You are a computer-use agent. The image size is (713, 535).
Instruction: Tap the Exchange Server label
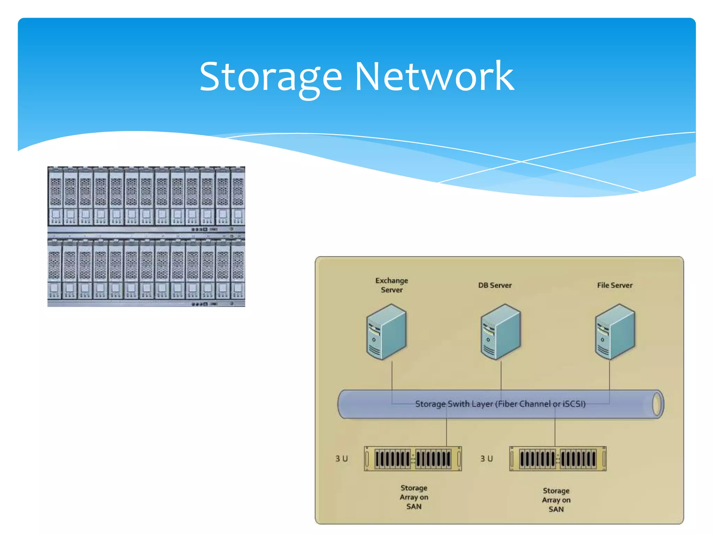pyautogui.click(x=392, y=285)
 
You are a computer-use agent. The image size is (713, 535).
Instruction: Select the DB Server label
pyautogui.click(x=495, y=285)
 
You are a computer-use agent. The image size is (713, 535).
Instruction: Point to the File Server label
pyautogui.click(x=614, y=285)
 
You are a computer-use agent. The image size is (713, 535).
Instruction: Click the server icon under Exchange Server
pyautogui.click(x=386, y=332)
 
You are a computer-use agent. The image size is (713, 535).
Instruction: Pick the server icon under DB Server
pyautogui.click(x=501, y=332)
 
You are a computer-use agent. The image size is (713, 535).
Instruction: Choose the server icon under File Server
pyautogui.click(x=615, y=332)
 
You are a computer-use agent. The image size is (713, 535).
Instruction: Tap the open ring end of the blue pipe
pyautogui.click(x=657, y=404)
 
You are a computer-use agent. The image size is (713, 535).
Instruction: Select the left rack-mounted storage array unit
pyautogui.click(x=413, y=458)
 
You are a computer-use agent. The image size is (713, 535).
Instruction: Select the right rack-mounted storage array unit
pyautogui.click(x=558, y=458)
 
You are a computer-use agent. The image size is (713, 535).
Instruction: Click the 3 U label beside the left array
pyautogui.click(x=342, y=458)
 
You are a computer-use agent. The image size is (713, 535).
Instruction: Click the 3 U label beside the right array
pyautogui.click(x=486, y=458)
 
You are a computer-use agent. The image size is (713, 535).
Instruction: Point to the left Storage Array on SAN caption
pyautogui.click(x=414, y=497)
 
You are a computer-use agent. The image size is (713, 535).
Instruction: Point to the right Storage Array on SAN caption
pyautogui.click(x=556, y=500)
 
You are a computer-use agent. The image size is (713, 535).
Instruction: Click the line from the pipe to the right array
pyautogui.click(x=555, y=432)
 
